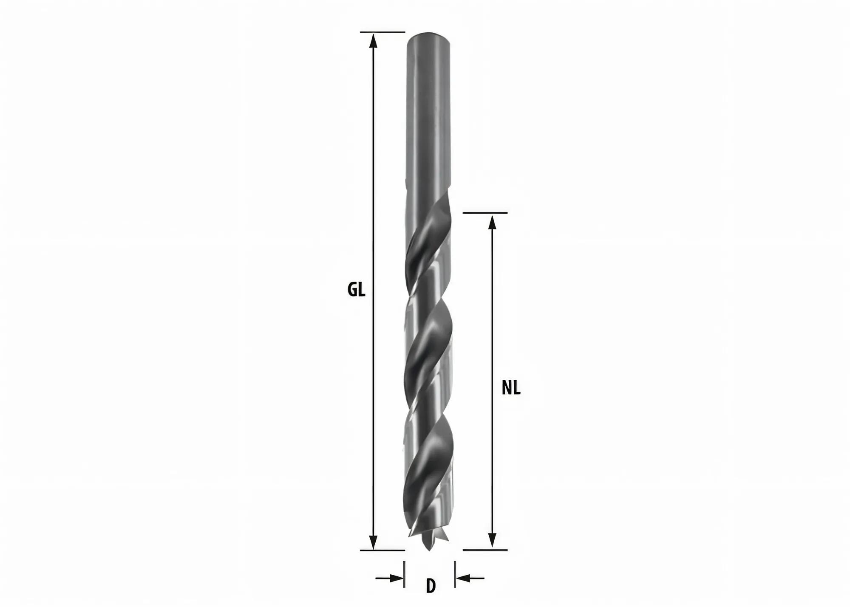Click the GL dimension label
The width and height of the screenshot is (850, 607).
click(x=356, y=290)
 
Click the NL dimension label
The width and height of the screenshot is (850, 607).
click(x=511, y=388)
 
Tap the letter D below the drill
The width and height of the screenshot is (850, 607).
click(x=431, y=586)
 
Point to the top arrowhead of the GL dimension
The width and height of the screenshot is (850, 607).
click(x=373, y=40)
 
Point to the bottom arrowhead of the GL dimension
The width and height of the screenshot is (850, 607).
click(x=373, y=542)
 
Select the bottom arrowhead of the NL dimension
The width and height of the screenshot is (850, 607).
click(x=492, y=540)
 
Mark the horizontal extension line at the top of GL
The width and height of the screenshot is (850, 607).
click(x=382, y=32)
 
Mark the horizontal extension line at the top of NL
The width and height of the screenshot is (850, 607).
click(x=484, y=212)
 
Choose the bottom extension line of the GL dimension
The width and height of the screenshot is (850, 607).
click(x=382, y=550)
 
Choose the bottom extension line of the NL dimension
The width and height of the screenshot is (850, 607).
click(x=484, y=550)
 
